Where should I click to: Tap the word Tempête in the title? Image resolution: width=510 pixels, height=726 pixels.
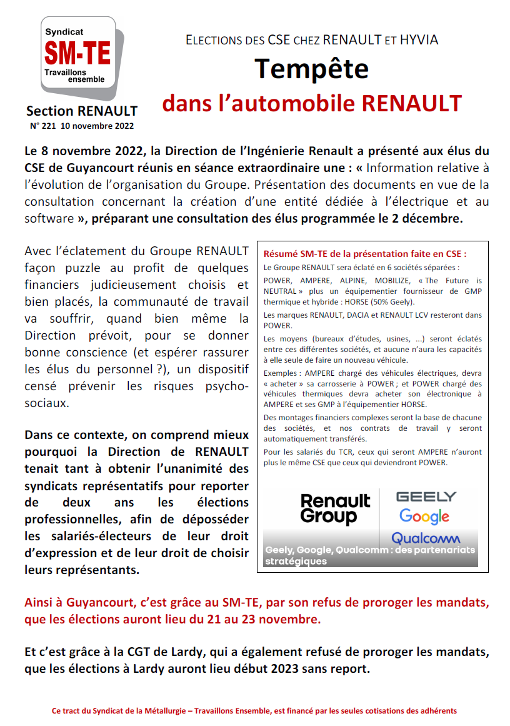tap(311, 68)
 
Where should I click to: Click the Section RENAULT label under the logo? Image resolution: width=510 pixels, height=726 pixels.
tap(81, 111)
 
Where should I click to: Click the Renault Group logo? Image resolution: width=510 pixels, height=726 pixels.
tap(335, 508)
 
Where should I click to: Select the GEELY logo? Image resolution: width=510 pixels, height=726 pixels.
tap(427, 497)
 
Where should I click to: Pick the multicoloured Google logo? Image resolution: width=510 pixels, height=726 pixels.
tap(425, 517)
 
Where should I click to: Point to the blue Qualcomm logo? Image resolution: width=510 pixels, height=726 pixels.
tap(426, 538)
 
